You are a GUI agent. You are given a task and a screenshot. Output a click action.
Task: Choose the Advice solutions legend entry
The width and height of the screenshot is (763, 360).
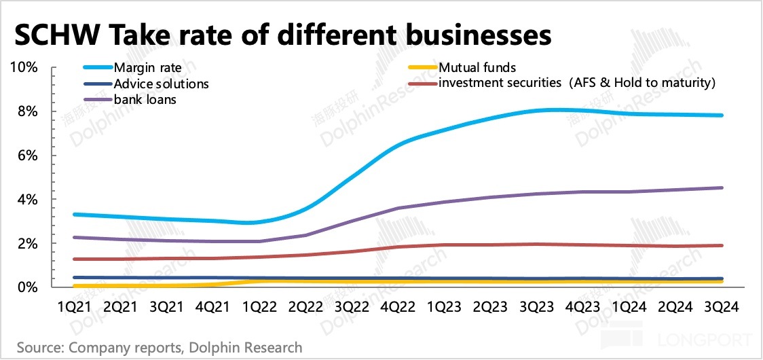(161, 84)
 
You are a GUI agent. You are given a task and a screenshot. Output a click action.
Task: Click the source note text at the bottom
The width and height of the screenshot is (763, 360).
(160, 348)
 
